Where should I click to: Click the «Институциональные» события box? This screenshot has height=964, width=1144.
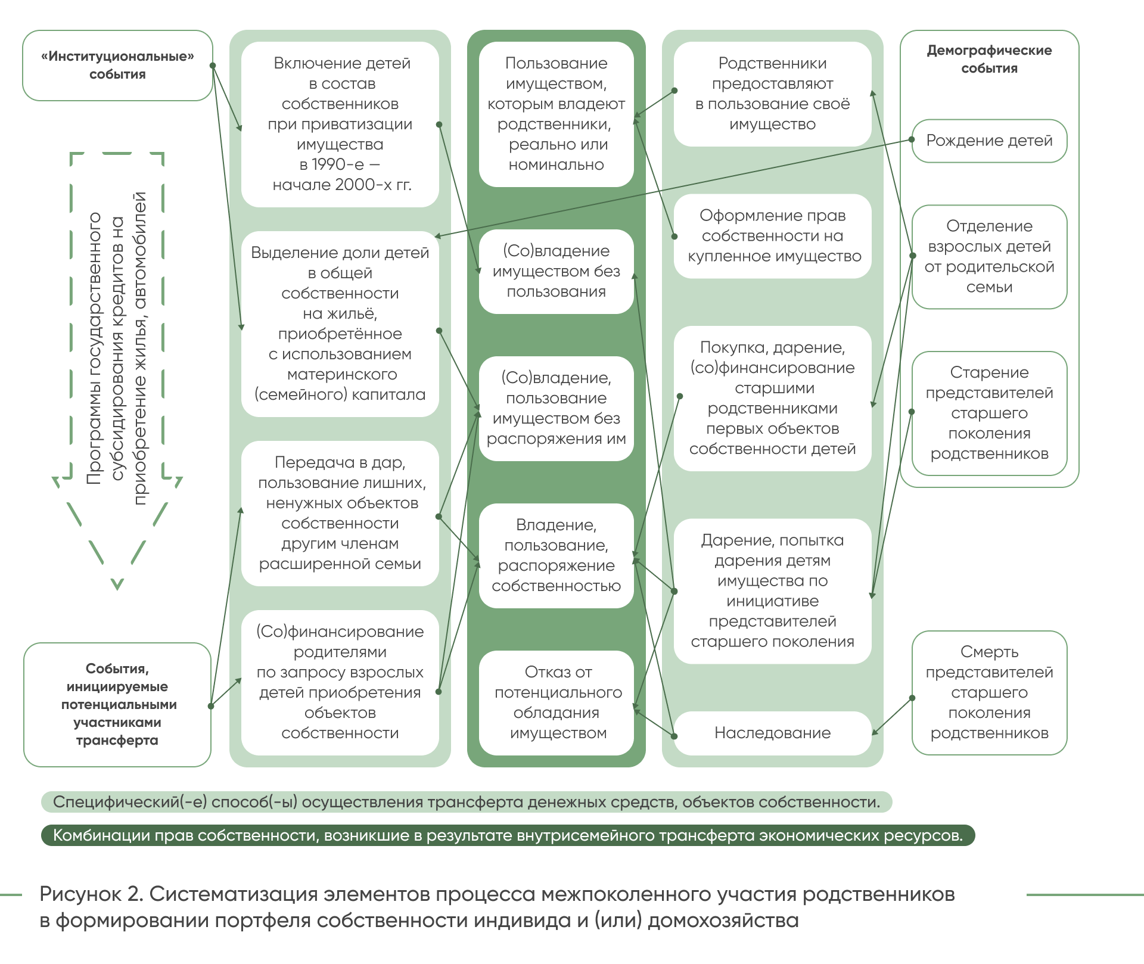point(117,66)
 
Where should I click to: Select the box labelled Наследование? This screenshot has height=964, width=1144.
point(772,733)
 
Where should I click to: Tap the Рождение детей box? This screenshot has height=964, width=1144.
point(989,141)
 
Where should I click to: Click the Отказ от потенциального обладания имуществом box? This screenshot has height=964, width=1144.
point(557,702)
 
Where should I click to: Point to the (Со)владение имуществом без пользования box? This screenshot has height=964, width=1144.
point(557,271)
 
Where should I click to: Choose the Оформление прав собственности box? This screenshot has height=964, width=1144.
point(773,236)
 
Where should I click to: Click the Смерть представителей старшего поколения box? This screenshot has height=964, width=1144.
point(989,692)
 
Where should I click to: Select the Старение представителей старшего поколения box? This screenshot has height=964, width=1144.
point(989,413)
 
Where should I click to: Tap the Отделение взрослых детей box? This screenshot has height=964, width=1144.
point(989,256)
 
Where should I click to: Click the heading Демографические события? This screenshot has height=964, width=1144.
point(989,59)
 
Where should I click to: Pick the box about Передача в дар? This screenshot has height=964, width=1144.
point(340,513)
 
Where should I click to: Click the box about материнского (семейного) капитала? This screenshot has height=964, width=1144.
point(340,324)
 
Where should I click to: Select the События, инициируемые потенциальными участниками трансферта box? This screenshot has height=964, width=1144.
point(117,704)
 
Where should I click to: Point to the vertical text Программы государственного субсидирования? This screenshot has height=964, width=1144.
point(117,349)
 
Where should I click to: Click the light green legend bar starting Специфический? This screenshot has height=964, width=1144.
point(466,802)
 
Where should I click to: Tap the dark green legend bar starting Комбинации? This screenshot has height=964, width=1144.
point(508,835)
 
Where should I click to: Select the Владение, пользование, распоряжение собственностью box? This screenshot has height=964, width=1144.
point(557,555)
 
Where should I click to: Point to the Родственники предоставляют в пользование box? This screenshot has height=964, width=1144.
point(773,94)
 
